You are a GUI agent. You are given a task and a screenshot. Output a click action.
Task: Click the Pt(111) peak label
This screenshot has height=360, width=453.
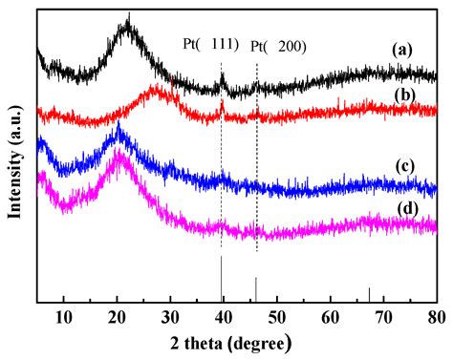pyautogui.click(x=209, y=45)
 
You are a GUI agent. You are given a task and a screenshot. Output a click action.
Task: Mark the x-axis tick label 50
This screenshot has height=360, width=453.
pyautogui.click(x=276, y=316)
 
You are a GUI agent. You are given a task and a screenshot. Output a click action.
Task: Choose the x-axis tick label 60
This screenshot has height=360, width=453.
pyautogui.click(x=330, y=316)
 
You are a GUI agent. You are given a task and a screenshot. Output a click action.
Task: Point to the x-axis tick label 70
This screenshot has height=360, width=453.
pyautogui.click(x=383, y=316)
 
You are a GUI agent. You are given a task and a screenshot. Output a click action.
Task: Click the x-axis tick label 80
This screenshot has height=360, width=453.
pyautogui.click(x=436, y=316)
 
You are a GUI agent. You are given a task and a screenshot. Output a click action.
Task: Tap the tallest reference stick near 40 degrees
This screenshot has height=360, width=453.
pyautogui.click(x=222, y=279)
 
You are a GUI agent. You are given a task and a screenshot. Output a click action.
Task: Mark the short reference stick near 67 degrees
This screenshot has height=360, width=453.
pyautogui.click(x=369, y=295)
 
